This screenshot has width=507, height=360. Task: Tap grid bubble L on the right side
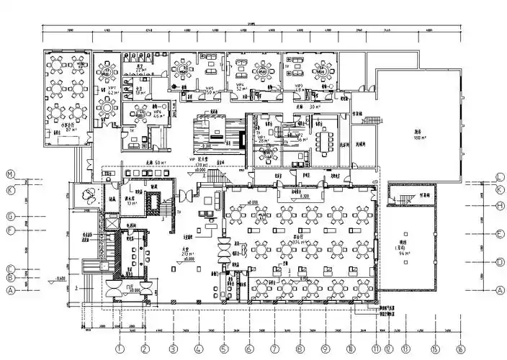498,177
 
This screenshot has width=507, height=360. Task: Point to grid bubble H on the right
498,206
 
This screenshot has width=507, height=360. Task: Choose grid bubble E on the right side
498,234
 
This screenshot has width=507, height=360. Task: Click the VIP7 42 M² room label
112,91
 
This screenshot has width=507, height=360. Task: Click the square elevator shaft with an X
111,221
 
